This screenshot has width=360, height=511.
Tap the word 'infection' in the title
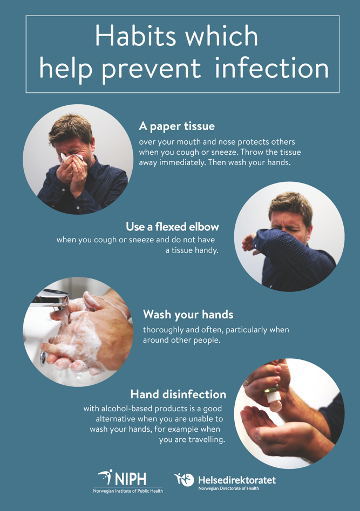271,69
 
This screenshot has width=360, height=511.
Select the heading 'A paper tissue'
176,126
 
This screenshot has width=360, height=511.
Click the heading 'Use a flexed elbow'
172,227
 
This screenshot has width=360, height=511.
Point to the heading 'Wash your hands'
188,314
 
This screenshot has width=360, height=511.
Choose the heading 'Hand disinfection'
178,394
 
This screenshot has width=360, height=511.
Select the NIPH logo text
130,478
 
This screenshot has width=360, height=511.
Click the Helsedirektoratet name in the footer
237,480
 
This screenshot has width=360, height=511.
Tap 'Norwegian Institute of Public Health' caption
128,491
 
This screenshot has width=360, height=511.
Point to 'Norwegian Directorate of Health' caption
228,488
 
